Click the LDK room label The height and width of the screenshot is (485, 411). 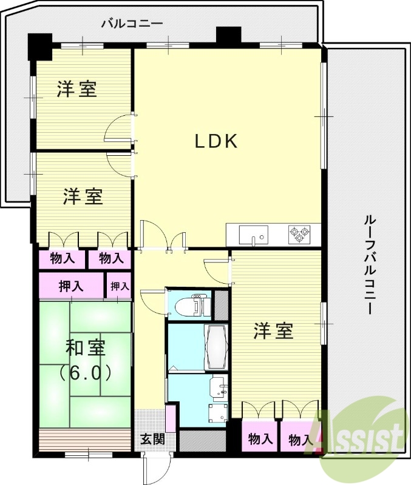pos(215,141)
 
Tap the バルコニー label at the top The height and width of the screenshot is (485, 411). pos(132,24)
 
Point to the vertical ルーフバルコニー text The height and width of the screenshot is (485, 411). pos(367,263)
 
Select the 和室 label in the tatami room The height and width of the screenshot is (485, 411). pos(86,349)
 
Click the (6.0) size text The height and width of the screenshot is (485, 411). pos(85,372)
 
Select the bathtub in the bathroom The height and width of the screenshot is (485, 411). pos(216,347)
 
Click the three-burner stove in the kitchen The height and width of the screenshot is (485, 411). pos(299,234)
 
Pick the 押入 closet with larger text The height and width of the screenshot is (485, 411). pos(72,286)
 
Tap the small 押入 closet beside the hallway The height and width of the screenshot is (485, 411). pos(119,286)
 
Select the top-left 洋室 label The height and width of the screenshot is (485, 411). pos(77,90)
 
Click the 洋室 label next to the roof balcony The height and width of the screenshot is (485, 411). pos(274,331)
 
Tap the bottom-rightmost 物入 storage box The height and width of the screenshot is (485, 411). pos(299,439)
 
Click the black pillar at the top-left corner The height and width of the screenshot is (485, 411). pos(41,45)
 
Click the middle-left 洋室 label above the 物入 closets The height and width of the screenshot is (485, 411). pos(83,196)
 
